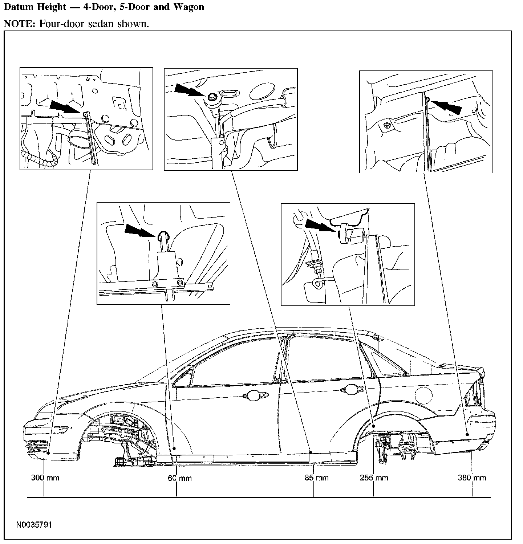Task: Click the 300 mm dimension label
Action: pos(45,478)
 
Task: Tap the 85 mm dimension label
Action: pos(316,478)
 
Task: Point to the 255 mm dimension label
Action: pos(374,478)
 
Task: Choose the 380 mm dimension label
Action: pos(472,478)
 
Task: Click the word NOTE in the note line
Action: pos(19,24)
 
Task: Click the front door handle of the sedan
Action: pos(256,395)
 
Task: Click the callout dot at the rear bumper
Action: pos(467,435)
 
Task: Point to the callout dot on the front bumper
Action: pos(49,452)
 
